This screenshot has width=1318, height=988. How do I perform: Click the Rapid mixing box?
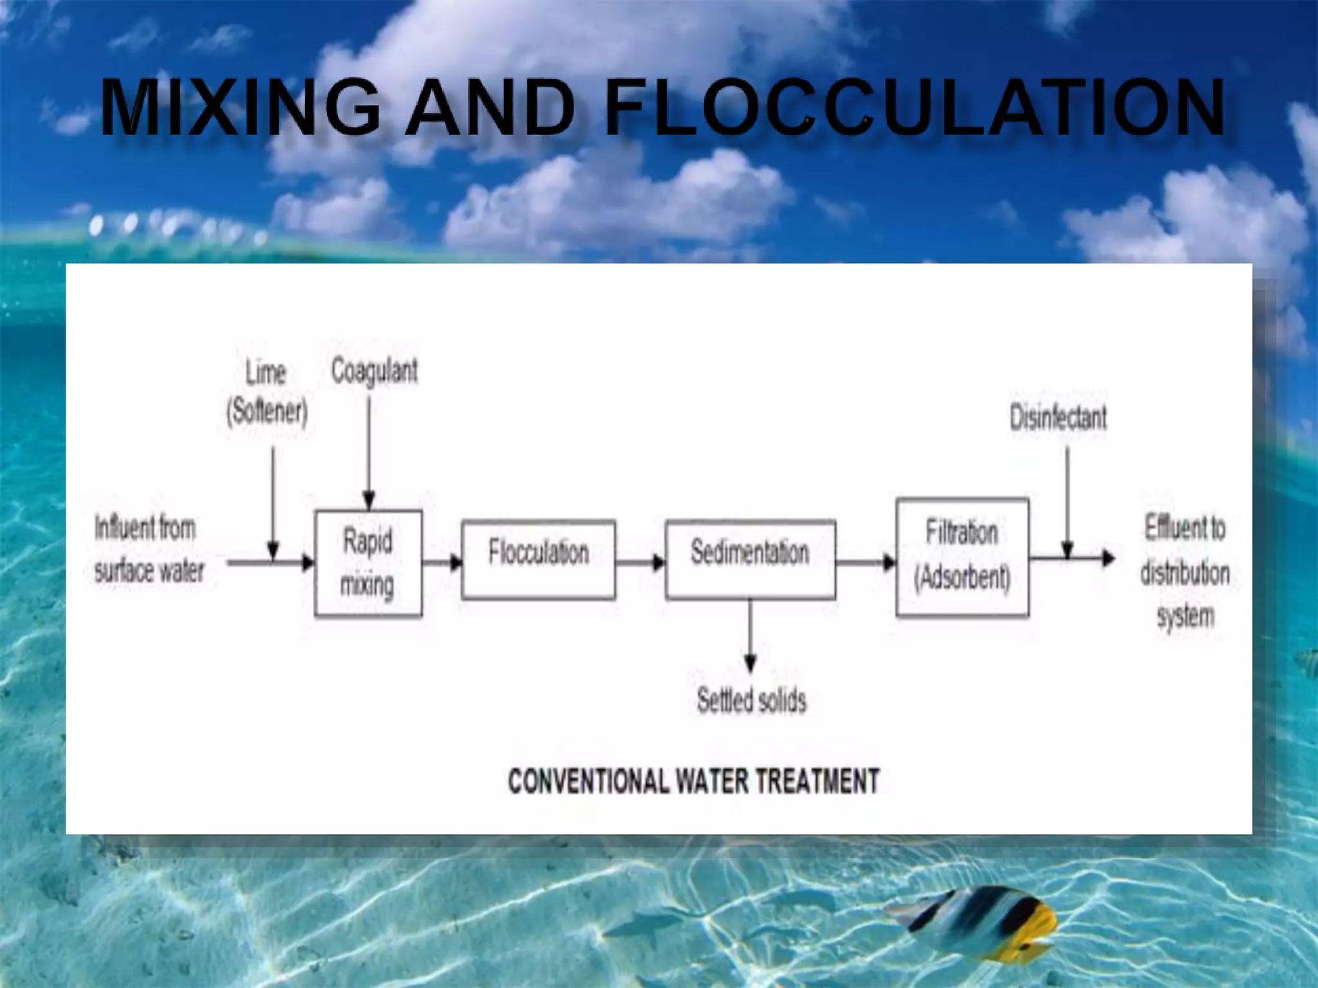(x=368, y=563)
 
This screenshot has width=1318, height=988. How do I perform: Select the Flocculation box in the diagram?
(x=538, y=560)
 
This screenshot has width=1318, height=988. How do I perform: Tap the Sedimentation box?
(x=750, y=560)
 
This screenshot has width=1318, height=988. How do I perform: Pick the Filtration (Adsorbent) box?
(x=962, y=557)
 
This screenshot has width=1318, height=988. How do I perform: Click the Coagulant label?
(x=374, y=371)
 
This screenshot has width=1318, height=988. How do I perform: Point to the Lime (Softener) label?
(x=266, y=392)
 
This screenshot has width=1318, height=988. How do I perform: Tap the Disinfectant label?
(x=1057, y=417)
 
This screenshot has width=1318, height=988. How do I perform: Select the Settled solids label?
(x=751, y=700)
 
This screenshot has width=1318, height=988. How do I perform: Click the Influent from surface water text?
(x=149, y=549)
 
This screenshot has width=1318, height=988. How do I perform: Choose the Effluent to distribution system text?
(x=1185, y=572)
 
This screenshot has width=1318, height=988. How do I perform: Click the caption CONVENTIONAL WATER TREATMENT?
(x=693, y=782)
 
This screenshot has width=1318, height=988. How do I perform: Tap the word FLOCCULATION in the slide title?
(x=914, y=107)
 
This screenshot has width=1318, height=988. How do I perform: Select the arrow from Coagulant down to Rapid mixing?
(x=369, y=450)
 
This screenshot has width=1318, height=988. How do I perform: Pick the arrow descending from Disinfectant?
(x=1067, y=502)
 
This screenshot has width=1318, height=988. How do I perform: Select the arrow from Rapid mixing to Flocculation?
(x=442, y=563)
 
